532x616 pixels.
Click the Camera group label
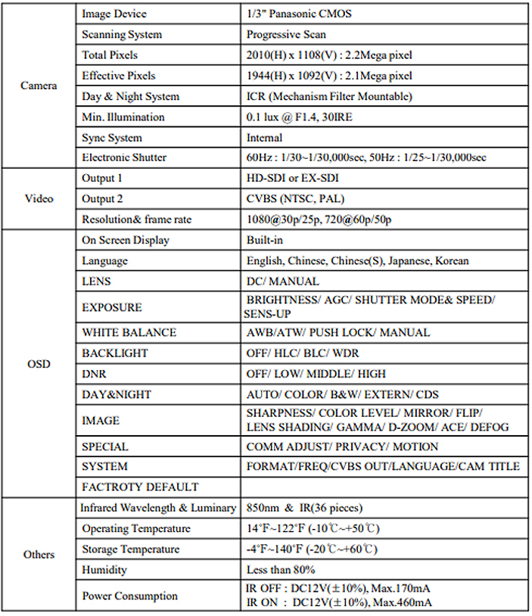click(38, 86)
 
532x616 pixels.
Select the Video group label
click(39, 198)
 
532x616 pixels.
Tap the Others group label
click(39, 554)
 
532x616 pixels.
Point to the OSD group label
click(38, 364)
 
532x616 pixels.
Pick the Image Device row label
click(114, 14)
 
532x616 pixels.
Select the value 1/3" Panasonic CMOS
click(299, 14)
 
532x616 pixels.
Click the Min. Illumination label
click(123, 117)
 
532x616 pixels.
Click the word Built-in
click(264, 240)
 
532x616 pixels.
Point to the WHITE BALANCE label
click(129, 332)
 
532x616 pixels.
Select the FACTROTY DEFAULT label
click(140, 487)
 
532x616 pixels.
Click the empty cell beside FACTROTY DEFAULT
click(382, 487)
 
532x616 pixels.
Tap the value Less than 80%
click(281, 570)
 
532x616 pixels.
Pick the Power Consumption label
click(129, 596)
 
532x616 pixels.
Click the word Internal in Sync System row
click(264, 138)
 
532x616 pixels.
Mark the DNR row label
click(94, 374)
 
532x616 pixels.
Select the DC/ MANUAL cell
click(282, 282)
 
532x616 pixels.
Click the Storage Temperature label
click(131, 549)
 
